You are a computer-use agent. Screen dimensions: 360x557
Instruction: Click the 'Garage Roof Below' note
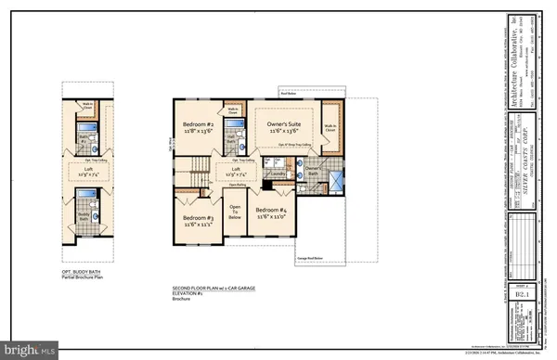pyautogui.click(x=310, y=257)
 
